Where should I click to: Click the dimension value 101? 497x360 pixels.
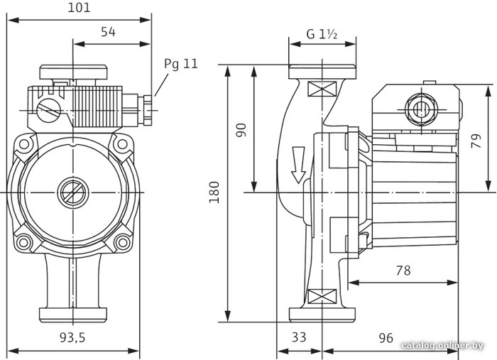tap(79, 8)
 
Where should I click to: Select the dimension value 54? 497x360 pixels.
tap(108, 32)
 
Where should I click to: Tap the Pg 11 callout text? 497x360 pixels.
tap(180, 64)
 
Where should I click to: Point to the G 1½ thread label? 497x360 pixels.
tap(322, 34)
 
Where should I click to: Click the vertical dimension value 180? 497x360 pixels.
tap(214, 192)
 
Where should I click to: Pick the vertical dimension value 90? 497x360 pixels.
tap(241, 130)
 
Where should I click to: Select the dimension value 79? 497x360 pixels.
tap(476, 141)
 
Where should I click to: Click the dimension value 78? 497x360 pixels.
tap(403, 271)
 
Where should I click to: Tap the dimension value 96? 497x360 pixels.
tap(386, 338)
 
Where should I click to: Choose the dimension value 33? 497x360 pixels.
tap(299, 337)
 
